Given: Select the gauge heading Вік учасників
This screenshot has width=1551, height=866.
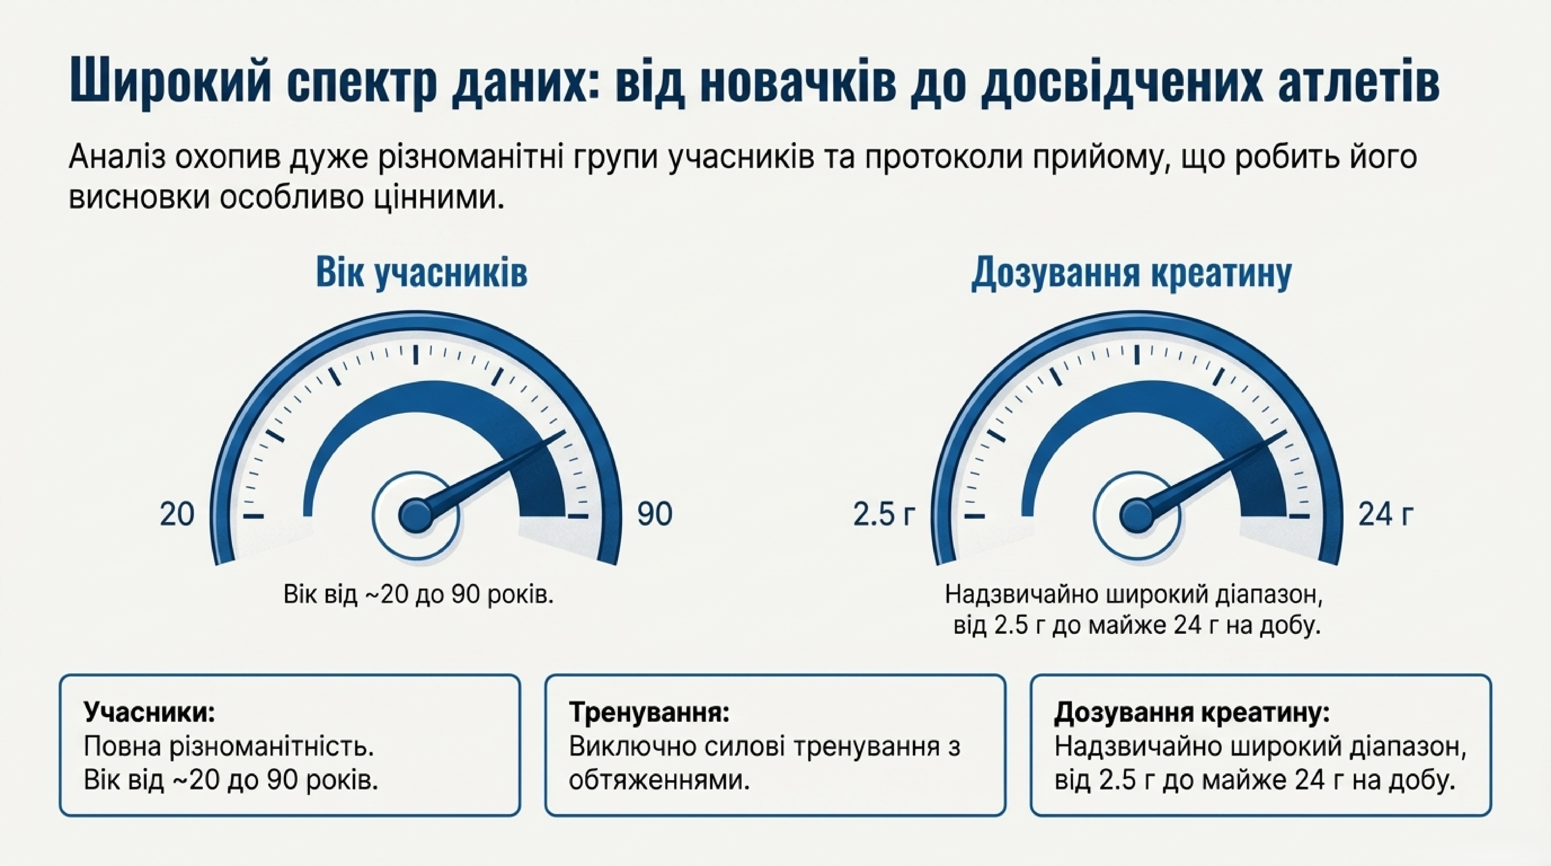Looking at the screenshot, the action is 421,273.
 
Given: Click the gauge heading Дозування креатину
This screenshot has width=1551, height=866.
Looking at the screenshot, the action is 1131,273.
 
